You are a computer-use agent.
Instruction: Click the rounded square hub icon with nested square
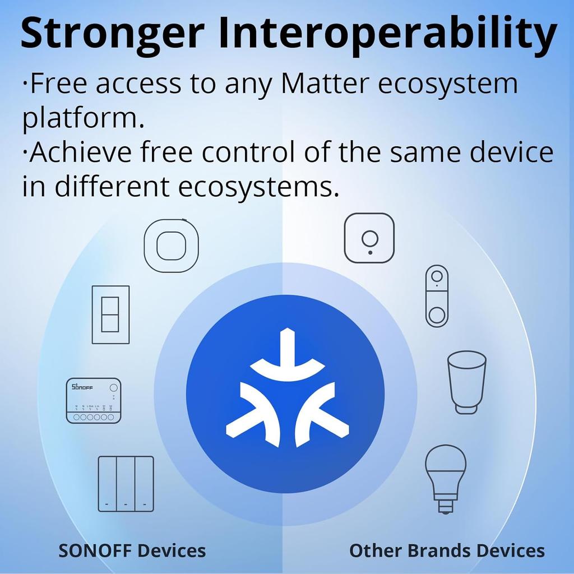(171, 246)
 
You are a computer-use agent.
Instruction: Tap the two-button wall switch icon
(110, 314)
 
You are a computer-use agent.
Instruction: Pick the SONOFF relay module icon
(94, 400)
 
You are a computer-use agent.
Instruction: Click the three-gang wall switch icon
(126, 484)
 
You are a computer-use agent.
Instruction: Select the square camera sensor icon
(369, 238)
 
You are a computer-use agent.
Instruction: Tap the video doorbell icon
(437, 295)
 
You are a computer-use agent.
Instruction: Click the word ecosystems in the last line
(258, 186)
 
